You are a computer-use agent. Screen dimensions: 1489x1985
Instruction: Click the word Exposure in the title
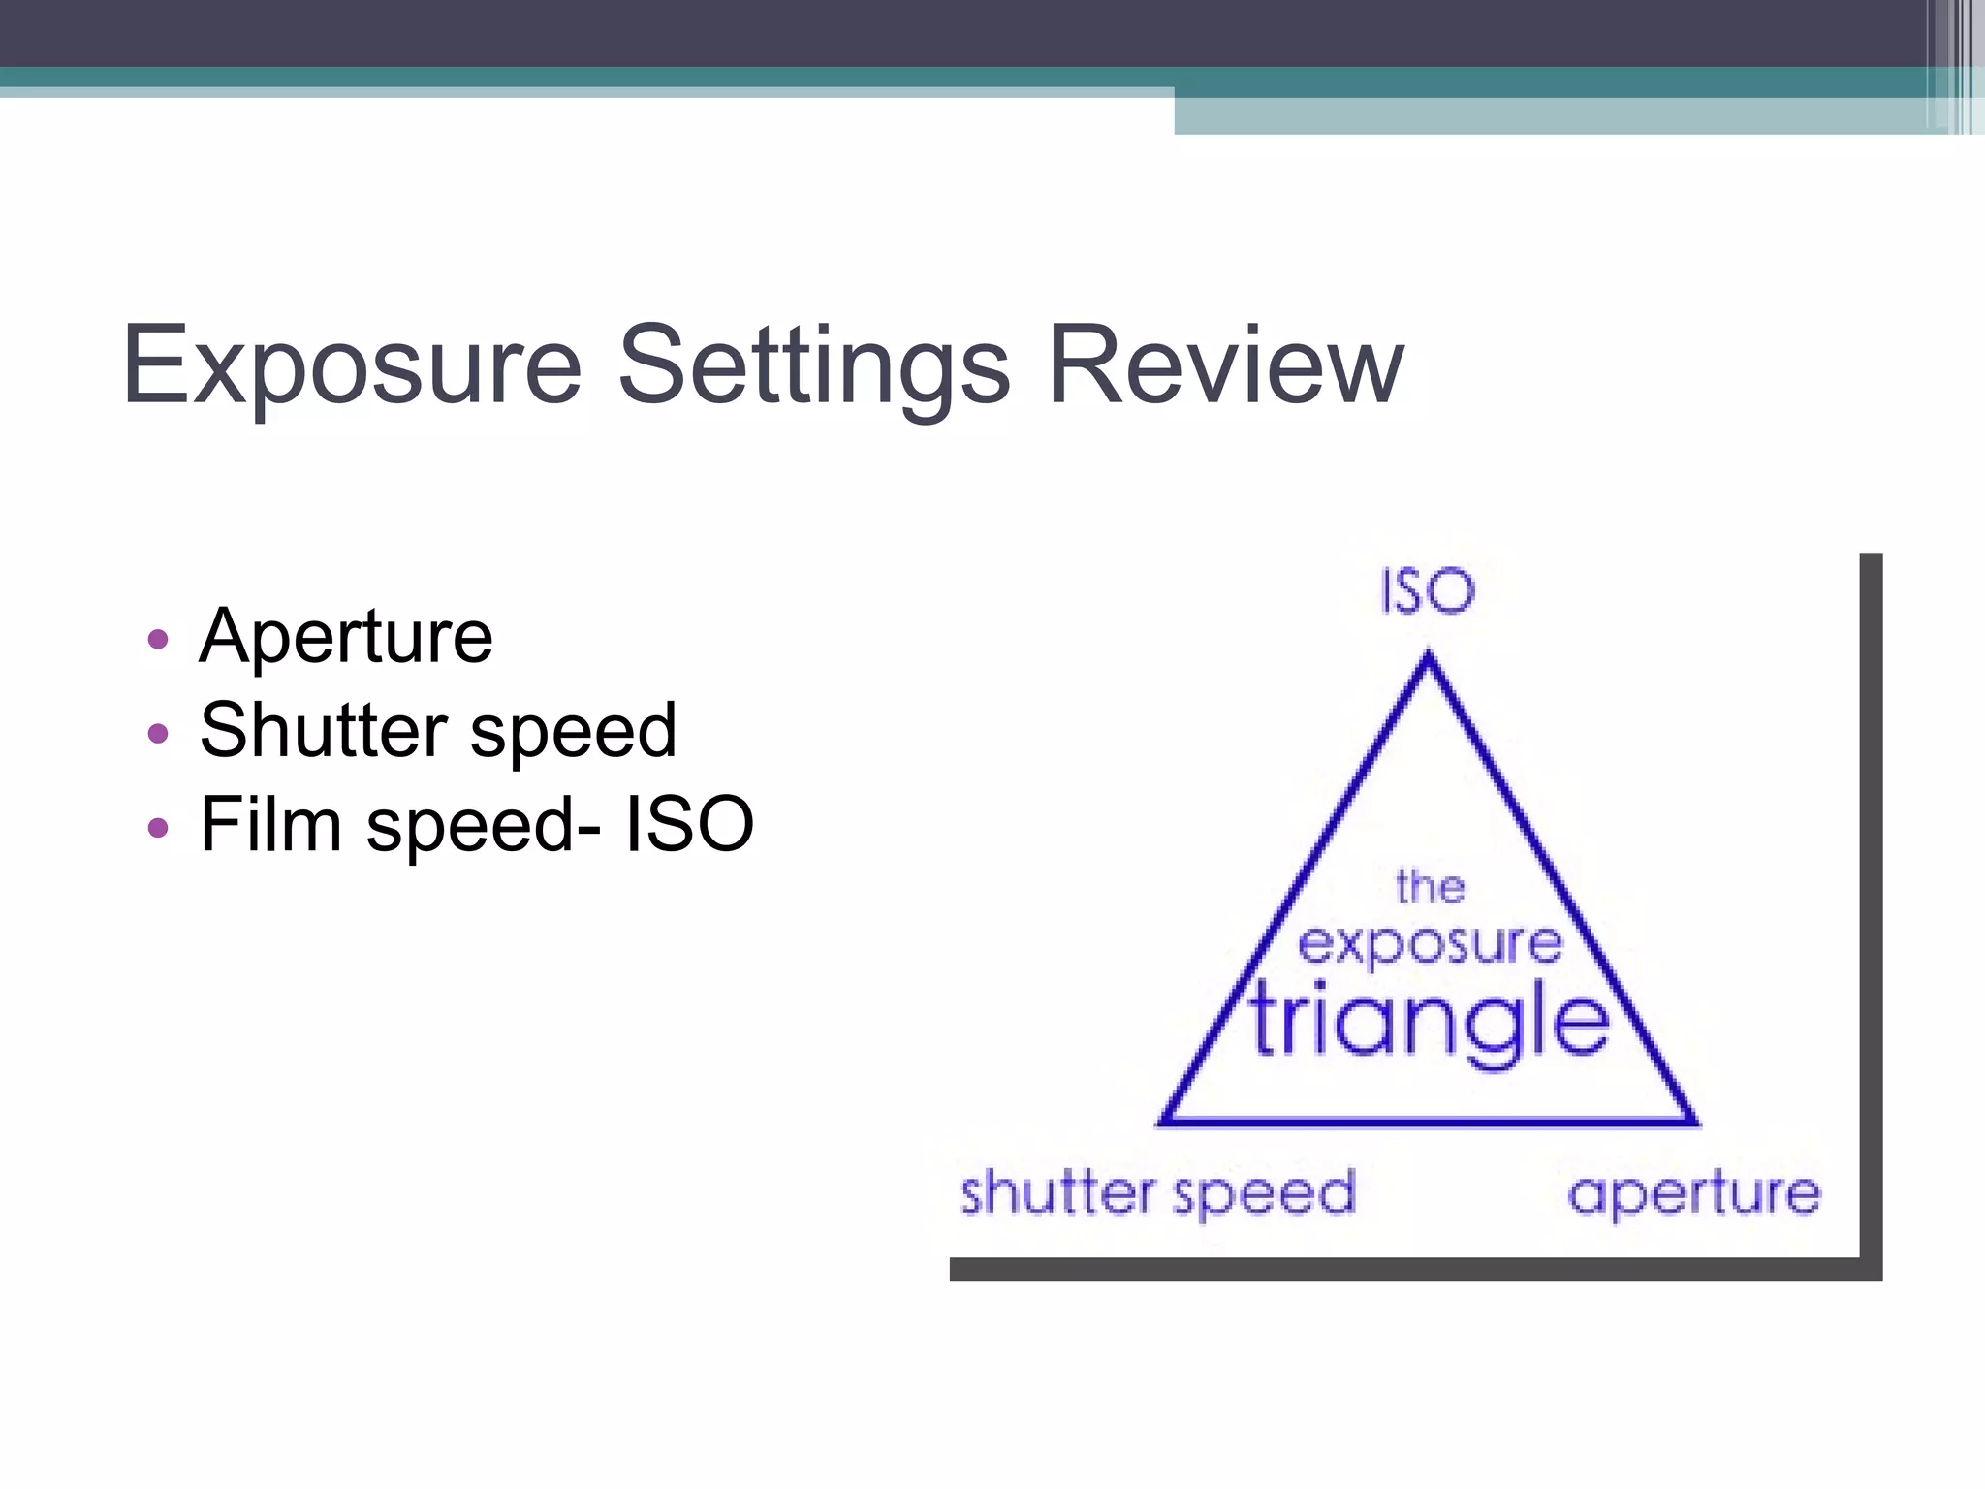(352, 366)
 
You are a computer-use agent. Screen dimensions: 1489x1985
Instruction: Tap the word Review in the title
(1225, 366)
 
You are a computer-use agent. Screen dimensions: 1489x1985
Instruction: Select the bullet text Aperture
(346, 637)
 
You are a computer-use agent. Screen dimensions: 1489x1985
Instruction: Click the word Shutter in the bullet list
(324, 730)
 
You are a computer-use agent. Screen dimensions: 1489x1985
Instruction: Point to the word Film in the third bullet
(270, 824)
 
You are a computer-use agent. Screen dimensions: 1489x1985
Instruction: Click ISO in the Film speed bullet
(689, 824)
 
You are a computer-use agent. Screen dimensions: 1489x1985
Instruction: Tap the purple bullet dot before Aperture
(158, 640)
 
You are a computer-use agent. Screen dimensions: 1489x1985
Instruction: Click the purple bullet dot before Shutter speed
(158, 733)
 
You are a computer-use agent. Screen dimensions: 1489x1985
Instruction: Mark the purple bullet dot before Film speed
(158, 827)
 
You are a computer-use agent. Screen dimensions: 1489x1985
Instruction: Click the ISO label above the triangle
(1428, 591)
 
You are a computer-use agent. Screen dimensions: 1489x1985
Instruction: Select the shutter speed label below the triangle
(1157, 1193)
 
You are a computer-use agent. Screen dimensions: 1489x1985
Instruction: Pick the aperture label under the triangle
(1694, 1193)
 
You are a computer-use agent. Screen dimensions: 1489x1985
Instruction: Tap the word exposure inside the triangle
(1431, 943)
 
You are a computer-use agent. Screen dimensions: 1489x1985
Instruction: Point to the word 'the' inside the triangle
(1430, 886)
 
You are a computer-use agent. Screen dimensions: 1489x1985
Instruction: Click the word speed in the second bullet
(573, 732)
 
